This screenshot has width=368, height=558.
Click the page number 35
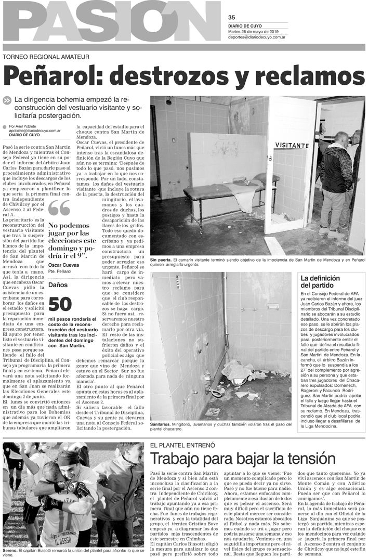[232, 16]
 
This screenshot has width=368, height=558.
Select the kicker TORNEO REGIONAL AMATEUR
[46, 57]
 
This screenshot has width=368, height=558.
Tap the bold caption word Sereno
[10, 550]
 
